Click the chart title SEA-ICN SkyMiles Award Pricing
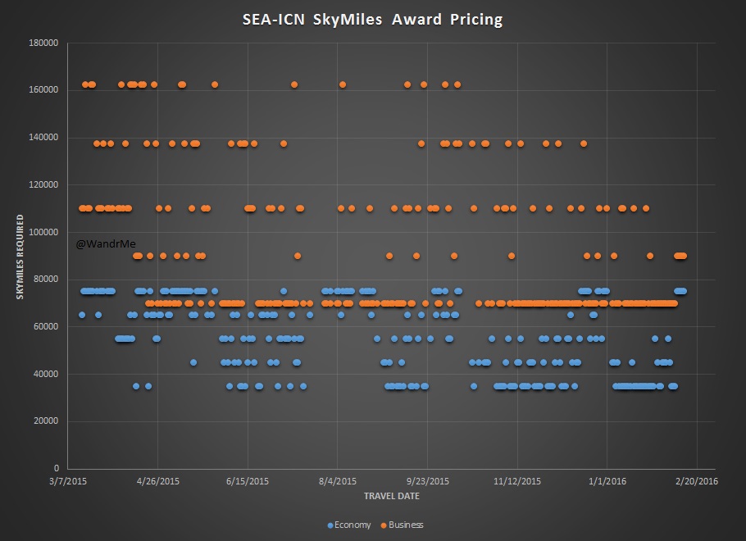pos(373,19)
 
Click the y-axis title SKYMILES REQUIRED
pos(20,256)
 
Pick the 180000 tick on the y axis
pos(47,42)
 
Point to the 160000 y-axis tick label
pos(47,89)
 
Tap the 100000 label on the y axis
pos(47,232)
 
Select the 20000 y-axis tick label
pos(49,421)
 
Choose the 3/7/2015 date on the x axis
pos(68,482)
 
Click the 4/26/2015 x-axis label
pos(158,482)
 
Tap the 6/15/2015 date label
pos(248,482)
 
